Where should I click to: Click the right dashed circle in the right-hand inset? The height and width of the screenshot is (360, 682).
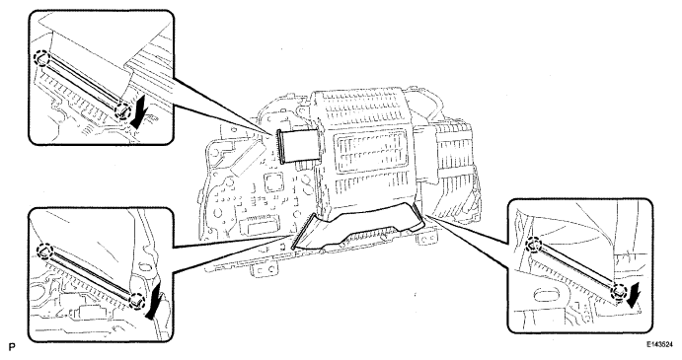(x=618, y=289)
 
